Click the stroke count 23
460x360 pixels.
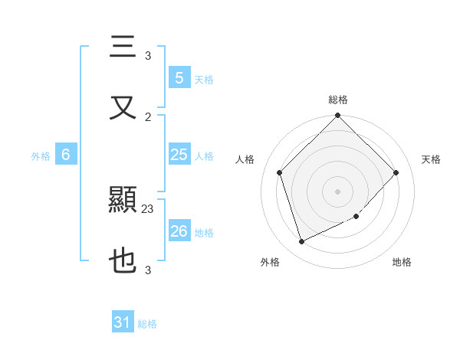[148, 208]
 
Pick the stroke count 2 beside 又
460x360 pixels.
[148, 116]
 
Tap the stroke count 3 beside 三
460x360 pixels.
[148, 56]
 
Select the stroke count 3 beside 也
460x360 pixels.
[148, 270]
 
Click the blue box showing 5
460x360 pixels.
[179, 77]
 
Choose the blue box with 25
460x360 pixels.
[179, 155]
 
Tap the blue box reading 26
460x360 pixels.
[179, 231]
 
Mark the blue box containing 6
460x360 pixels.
[66, 155]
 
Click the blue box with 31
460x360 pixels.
[123, 322]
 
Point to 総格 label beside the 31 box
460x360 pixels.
[147, 324]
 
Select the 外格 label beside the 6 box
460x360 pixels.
[41, 156]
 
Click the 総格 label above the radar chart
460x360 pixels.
[337, 100]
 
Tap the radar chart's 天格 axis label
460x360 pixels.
[431, 159]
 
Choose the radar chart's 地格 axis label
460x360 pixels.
[402, 262]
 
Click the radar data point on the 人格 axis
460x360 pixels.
[279, 172]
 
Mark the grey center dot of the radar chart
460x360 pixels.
[337, 191]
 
